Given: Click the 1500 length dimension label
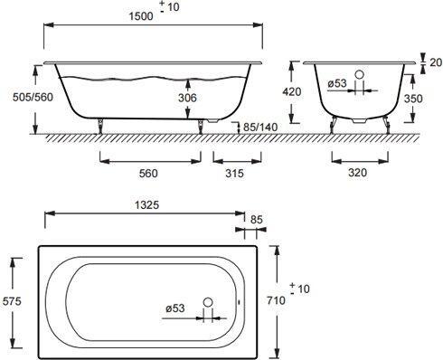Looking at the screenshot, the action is click(141, 16).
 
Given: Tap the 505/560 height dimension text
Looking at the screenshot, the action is click(33, 97).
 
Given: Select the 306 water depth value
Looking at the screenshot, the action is click(187, 98).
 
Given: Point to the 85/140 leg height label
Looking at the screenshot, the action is click(260, 128).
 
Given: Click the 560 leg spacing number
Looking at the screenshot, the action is click(148, 174).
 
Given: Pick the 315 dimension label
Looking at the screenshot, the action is click(234, 174).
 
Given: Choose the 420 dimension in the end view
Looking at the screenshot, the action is click(292, 91).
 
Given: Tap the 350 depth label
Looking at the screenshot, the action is click(413, 99).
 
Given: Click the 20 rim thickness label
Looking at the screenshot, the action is click(436, 62).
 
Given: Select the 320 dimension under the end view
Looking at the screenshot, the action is click(358, 173).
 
